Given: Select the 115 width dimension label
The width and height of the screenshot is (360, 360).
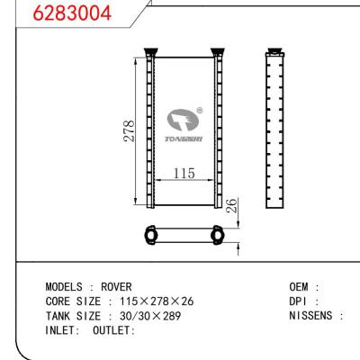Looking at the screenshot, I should tap(184, 173).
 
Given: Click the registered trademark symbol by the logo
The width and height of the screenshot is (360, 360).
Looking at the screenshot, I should tap(199, 112).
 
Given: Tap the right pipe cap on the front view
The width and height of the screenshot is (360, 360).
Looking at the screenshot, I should tap(217, 50).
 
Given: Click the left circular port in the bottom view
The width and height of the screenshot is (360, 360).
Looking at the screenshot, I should tap(150, 237).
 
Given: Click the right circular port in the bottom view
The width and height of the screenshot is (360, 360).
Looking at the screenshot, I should tap(216, 237).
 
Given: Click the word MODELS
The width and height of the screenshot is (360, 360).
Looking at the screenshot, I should tap(64, 286).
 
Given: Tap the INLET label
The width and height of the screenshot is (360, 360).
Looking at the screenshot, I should tap(62, 330).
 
